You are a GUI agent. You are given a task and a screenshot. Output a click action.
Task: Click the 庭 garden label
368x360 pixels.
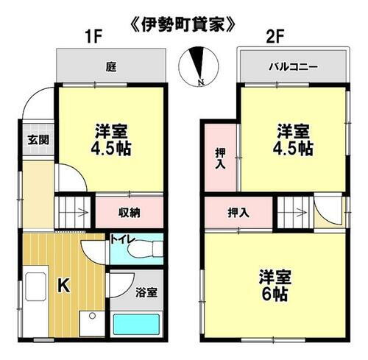(110, 67)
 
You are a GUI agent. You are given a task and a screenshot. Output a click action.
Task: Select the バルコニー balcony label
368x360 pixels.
(292, 67)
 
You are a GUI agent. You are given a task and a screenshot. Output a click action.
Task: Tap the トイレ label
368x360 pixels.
(121, 239)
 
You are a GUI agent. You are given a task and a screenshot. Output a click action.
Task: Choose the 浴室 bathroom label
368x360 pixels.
(146, 292)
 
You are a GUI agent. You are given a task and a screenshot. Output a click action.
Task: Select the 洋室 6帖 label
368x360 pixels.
(275, 284)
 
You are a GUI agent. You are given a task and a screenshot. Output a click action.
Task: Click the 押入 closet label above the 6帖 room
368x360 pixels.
(238, 213)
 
